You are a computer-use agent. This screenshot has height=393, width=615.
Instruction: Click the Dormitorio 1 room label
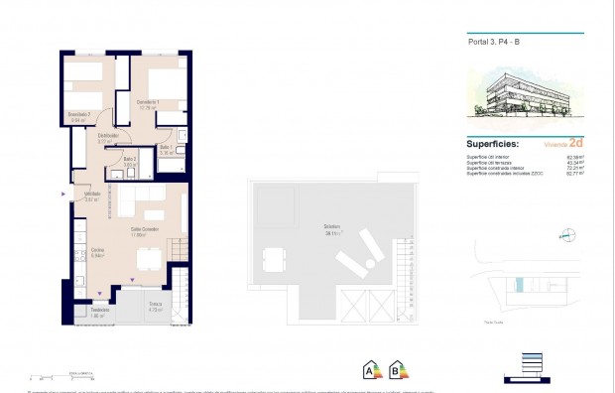point(147,106)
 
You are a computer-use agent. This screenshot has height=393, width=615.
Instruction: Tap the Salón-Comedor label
point(146,233)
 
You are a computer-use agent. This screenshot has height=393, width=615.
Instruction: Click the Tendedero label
point(98,310)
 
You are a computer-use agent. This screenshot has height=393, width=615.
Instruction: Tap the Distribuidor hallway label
point(108,138)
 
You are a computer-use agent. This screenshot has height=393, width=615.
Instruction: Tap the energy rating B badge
point(399,370)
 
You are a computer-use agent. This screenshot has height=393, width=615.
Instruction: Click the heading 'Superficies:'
point(493,143)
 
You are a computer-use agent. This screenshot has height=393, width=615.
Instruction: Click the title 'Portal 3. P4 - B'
point(494,43)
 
